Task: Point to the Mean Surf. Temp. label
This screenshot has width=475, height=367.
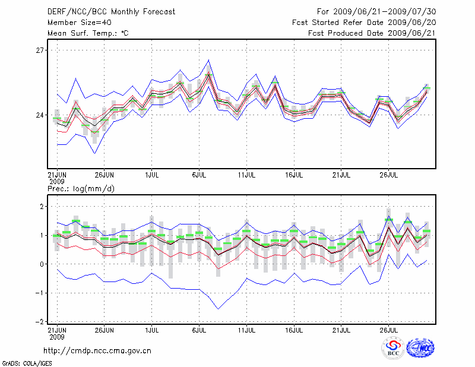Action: (x=88, y=33)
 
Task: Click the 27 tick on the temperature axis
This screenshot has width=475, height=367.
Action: (x=40, y=50)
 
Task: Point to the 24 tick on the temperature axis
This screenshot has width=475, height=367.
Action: (x=40, y=115)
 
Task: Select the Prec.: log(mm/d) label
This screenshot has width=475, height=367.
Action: (x=80, y=189)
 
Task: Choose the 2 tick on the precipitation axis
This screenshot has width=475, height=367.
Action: (x=42, y=206)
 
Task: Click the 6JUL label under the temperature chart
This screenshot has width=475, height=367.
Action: (x=199, y=176)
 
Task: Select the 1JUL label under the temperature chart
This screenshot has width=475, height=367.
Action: (x=152, y=176)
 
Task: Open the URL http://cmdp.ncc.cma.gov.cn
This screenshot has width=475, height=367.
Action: (x=98, y=350)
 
